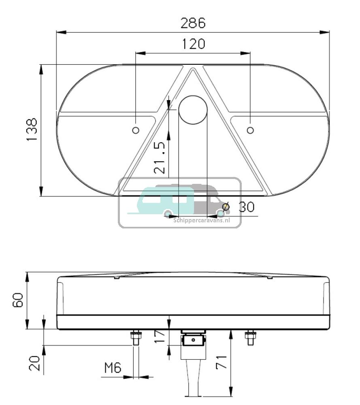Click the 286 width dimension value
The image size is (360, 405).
click(x=193, y=23)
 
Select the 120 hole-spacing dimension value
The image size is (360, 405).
click(x=193, y=44)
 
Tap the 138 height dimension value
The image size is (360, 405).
click(x=32, y=130)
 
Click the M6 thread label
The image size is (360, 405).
click(x=113, y=368)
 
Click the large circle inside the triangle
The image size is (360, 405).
click(x=193, y=109)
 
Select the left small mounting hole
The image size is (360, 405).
click(x=136, y=130)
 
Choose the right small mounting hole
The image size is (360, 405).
click(x=250, y=130)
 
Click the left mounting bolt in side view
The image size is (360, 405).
click(x=136, y=338)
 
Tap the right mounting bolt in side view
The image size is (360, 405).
click(x=250, y=338)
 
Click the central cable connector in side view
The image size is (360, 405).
click(x=193, y=342)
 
